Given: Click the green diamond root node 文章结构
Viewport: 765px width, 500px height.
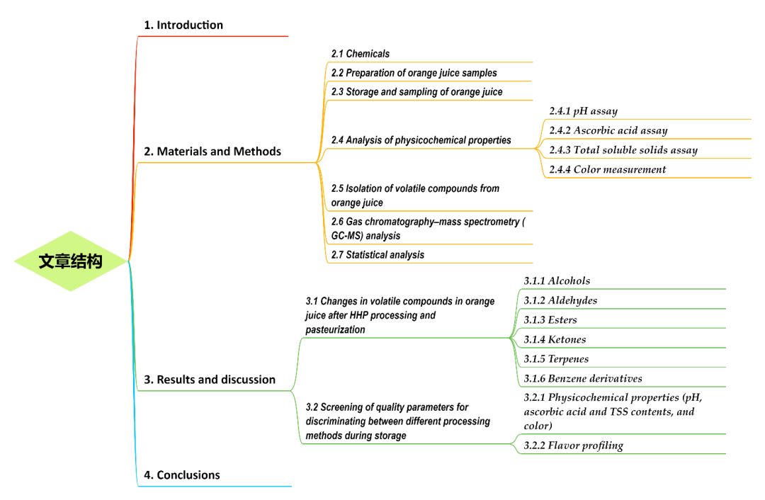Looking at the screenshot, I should click(x=71, y=261).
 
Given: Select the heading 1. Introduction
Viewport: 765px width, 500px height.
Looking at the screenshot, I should click(x=183, y=25).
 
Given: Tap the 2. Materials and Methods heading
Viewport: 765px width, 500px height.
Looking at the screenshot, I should click(x=212, y=152).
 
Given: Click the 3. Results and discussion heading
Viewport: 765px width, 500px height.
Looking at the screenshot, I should click(x=209, y=380).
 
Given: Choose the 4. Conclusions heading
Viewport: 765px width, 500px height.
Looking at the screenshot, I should click(x=181, y=475).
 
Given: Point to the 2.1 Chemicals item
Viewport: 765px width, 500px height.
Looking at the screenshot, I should click(x=360, y=54).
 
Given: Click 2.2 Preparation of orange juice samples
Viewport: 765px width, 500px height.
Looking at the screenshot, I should click(x=414, y=73).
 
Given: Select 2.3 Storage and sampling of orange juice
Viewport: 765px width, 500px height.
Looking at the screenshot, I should click(x=416, y=92).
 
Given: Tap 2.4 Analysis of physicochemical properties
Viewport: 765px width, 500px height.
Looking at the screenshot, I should click(x=421, y=140).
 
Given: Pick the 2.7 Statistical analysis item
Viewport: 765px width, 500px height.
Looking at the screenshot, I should click(x=378, y=255).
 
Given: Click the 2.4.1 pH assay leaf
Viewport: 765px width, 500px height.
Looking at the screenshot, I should click(x=583, y=111).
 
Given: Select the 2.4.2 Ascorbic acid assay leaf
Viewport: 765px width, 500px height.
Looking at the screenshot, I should click(x=608, y=130).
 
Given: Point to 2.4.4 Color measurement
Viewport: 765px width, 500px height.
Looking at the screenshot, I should click(x=607, y=169).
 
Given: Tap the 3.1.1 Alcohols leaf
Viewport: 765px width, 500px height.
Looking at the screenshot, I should click(x=557, y=281).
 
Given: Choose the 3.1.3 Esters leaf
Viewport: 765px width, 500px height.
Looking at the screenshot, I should click(x=550, y=320).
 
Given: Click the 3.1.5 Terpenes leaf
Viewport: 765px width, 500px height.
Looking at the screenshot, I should click(x=556, y=359).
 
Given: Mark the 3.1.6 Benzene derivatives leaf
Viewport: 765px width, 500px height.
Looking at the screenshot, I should click(x=582, y=378).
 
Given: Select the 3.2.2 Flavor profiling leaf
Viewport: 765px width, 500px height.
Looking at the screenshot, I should click(x=573, y=445).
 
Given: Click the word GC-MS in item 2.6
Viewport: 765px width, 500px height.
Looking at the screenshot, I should click(x=347, y=236).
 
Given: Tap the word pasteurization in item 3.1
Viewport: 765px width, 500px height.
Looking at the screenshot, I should click(x=336, y=329).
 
